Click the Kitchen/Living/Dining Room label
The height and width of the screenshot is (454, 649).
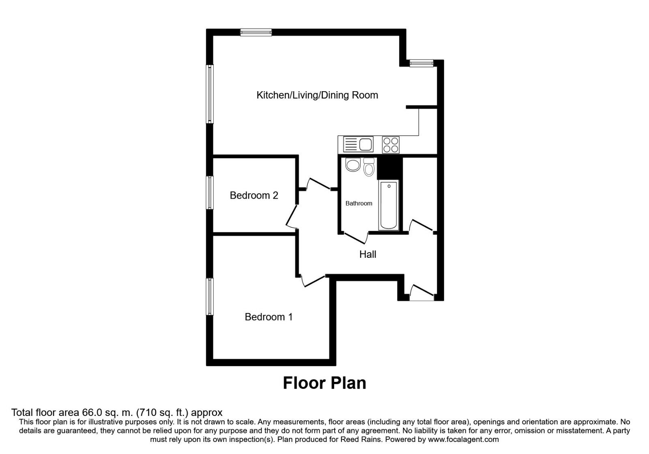(317, 95)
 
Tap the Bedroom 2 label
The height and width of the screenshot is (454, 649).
(254, 195)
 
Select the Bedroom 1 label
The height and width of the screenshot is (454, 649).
(269, 317)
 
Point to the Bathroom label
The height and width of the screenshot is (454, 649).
(359, 203)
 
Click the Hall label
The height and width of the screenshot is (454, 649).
(367, 255)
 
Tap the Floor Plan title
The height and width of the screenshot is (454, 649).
(324, 383)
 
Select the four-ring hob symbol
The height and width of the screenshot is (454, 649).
(391, 145)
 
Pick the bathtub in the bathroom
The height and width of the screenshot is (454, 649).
(389, 205)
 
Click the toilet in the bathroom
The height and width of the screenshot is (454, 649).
(369, 167)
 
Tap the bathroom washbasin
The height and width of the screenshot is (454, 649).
(353, 165)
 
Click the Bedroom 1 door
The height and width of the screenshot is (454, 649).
(314, 281)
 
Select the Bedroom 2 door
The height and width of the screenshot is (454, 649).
(292, 217)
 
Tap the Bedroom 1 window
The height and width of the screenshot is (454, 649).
(210, 296)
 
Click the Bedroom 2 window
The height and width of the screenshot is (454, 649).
(210, 193)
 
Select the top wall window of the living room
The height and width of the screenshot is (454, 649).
(256, 32)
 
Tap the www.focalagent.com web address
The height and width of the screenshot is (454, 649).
(463, 439)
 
